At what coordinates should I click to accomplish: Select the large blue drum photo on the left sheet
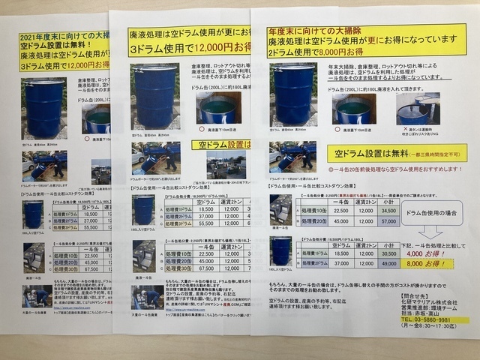[44, 108]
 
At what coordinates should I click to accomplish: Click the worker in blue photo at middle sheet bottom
[145, 297]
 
